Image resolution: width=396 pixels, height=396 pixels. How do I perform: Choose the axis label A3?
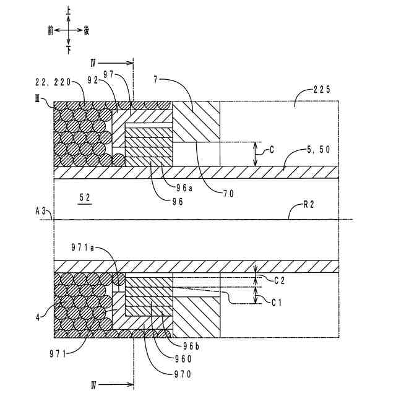(42, 211)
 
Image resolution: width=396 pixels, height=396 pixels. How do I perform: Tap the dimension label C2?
(280, 280)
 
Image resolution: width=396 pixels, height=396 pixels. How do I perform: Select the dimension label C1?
(280, 301)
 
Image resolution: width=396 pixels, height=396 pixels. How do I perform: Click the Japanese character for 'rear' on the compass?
(87, 29)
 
